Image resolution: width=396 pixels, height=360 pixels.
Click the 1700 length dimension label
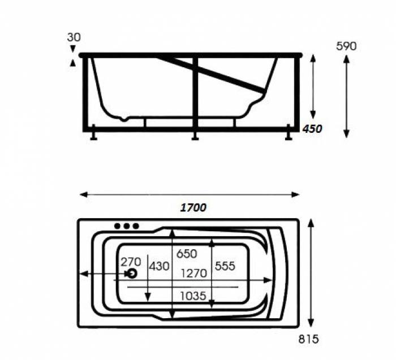tap(193, 207)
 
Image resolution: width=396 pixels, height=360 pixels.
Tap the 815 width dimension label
tap(308, 339)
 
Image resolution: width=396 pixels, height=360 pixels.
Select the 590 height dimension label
tap(346, 46)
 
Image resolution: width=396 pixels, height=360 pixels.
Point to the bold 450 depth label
tap(312, 129)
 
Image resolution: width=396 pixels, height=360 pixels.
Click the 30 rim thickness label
tap(74, 37)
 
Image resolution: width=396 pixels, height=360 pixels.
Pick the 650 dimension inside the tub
tap(187, 254)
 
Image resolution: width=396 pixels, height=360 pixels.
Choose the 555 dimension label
tap(225, 266)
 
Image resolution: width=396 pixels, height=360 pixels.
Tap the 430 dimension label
tap(159, 266)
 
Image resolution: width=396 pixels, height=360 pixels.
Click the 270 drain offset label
tap(131, 262)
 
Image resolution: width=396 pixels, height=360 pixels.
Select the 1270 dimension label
tap(194, 273)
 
